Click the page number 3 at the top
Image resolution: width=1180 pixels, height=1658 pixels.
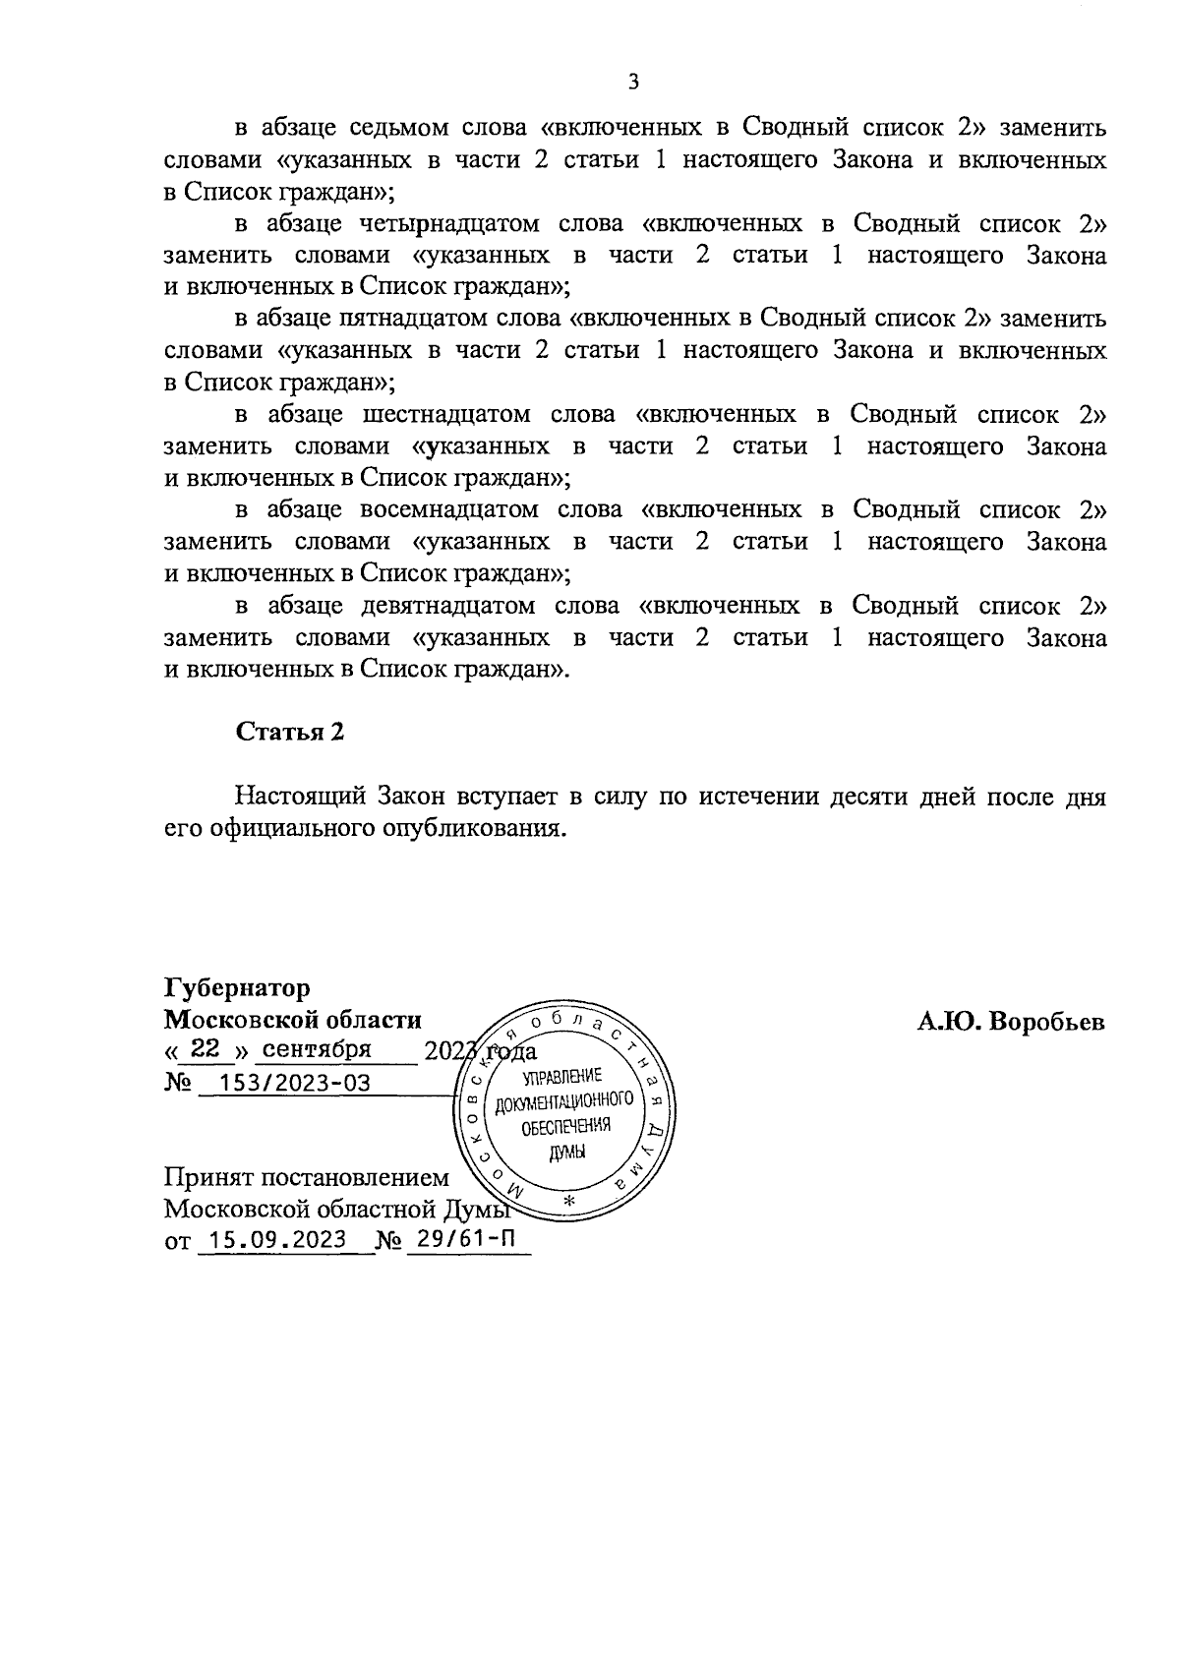click(632, 83)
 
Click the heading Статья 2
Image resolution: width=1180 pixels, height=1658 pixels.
click(289, 733)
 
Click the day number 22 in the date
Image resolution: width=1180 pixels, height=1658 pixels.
click(206, 1048)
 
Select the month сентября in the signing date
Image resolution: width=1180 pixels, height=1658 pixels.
click(318, 1048)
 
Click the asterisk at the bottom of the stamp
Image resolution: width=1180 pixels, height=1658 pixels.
click(569, 1202)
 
